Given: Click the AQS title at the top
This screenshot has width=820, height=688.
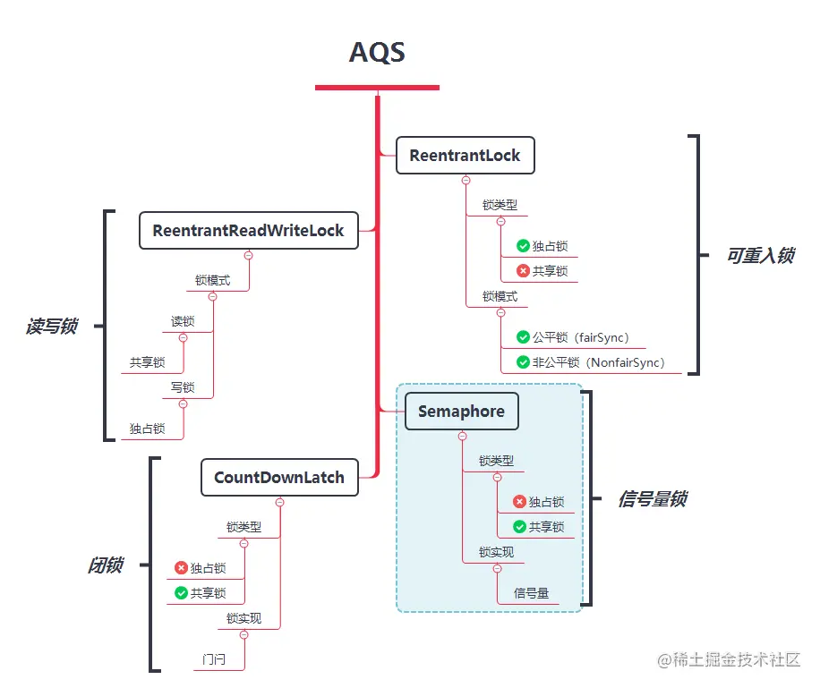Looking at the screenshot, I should (x=377, y=52).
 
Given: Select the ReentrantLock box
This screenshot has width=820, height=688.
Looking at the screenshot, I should (x=465, y=156).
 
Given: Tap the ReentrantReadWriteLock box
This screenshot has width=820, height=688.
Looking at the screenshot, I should (x=248, y=231).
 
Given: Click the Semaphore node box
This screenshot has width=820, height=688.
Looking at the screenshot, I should (x=461, y=412).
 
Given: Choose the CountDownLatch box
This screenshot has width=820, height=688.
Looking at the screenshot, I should (x=279, y=478).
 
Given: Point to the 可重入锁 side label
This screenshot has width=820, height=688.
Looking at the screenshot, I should (x=760, y=256).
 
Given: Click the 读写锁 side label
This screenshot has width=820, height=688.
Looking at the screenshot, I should (x=51, y=327).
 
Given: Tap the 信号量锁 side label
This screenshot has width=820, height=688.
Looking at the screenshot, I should (x=652, y=499).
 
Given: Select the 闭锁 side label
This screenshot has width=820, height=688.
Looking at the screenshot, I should (x=105, y=565).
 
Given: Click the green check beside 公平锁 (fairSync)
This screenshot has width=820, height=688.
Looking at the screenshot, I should (x=523, y=338).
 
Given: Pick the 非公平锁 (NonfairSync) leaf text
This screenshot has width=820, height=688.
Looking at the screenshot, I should (x=598, y=362).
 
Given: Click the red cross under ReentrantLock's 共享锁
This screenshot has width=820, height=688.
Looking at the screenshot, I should (x=523, y=271).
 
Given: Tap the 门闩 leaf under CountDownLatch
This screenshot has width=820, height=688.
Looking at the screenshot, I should (x=214, y=660).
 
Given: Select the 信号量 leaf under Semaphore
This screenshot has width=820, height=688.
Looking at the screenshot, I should (x=532, y=592).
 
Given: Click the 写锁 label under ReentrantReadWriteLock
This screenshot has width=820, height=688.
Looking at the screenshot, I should (x=183, y=387).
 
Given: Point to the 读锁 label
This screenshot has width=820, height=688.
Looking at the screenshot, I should (x=183, y=321).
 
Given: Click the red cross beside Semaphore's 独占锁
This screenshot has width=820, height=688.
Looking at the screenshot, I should (x=519, y=502).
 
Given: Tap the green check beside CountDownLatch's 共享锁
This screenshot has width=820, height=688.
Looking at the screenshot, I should (x=181, y=592).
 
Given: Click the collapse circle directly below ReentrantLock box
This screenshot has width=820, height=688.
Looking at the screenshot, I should (x=466, y=180).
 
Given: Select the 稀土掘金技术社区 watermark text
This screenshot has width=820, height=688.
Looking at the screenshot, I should (x=736, y=659).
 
